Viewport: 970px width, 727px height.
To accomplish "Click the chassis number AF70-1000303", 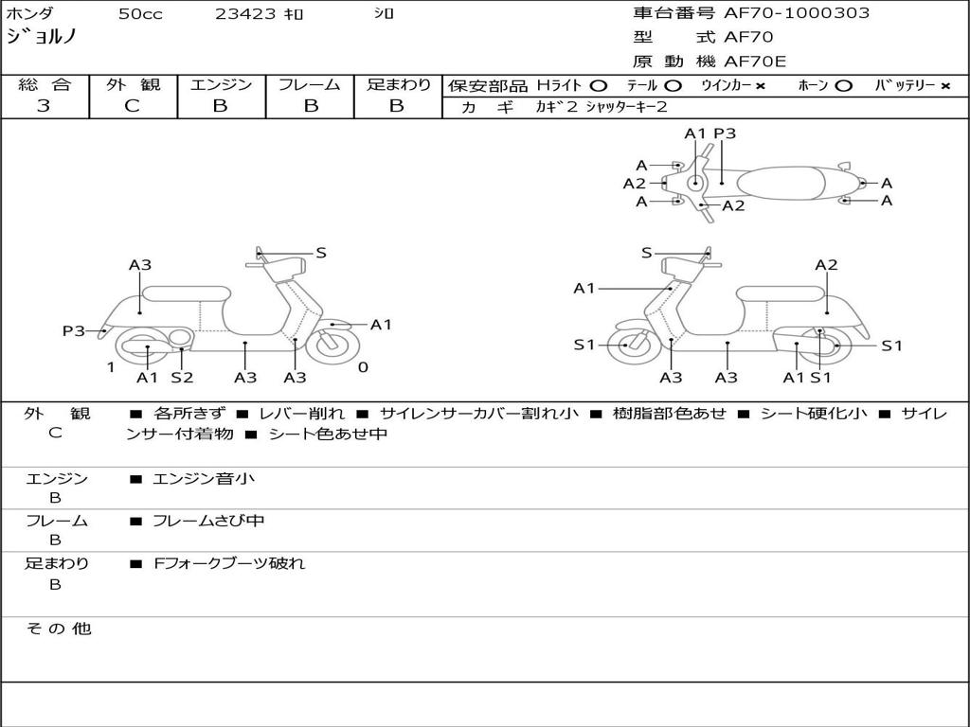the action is [x=796, y=13].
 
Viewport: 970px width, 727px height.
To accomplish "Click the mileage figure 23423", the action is [x=245, y=13].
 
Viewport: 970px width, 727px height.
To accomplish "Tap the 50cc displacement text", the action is [x=140, y=13].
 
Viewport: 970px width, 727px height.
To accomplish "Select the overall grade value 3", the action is [x=44, y=106].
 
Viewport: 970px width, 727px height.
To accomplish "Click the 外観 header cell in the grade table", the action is [x=133, y=84].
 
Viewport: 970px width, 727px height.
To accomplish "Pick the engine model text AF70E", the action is [x=755, y=62].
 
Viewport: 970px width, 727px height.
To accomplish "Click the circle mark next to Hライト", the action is [x=599, y=86].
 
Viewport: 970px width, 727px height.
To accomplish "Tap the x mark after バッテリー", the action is [x=945, y=86].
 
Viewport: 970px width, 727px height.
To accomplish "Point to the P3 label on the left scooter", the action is [x=73, y=330].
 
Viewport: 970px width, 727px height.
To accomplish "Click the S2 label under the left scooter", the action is [x=182, y=377].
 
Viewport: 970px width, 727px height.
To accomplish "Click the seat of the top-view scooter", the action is [x=781, y=184].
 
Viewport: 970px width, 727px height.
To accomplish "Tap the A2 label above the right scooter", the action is [x=826, y=265].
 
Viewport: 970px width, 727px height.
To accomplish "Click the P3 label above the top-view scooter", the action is [x=725, y=133].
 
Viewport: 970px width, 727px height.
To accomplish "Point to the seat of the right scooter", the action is [x=781, y=293].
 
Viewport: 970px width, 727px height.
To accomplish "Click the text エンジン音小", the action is [x=203, y=478].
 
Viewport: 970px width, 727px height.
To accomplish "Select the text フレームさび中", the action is [x=208, y=522].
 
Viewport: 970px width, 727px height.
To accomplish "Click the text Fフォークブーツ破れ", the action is [x=229, y=563].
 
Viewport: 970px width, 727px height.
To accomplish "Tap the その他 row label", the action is [x=58, y=629].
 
